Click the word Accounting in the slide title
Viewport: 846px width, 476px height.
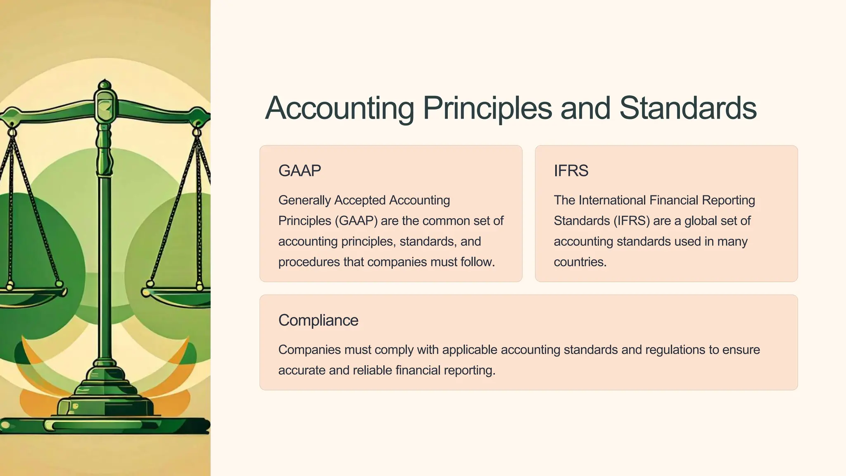(x=339, y=108)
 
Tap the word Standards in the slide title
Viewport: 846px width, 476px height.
(x=688, y=108)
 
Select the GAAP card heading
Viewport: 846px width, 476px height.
(x=299, y=171)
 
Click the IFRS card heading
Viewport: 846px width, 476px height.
(x=571, y=171)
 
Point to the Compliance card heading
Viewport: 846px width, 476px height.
(x=318, y=320)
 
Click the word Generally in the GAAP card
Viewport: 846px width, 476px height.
(x=305, y=200)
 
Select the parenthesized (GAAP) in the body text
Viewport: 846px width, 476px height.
(x=356, y=221)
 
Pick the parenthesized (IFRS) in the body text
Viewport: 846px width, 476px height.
(x=632, y=221)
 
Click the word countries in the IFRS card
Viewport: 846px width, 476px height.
(x=580, y=262)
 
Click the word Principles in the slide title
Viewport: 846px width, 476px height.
(x=487, y=108)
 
